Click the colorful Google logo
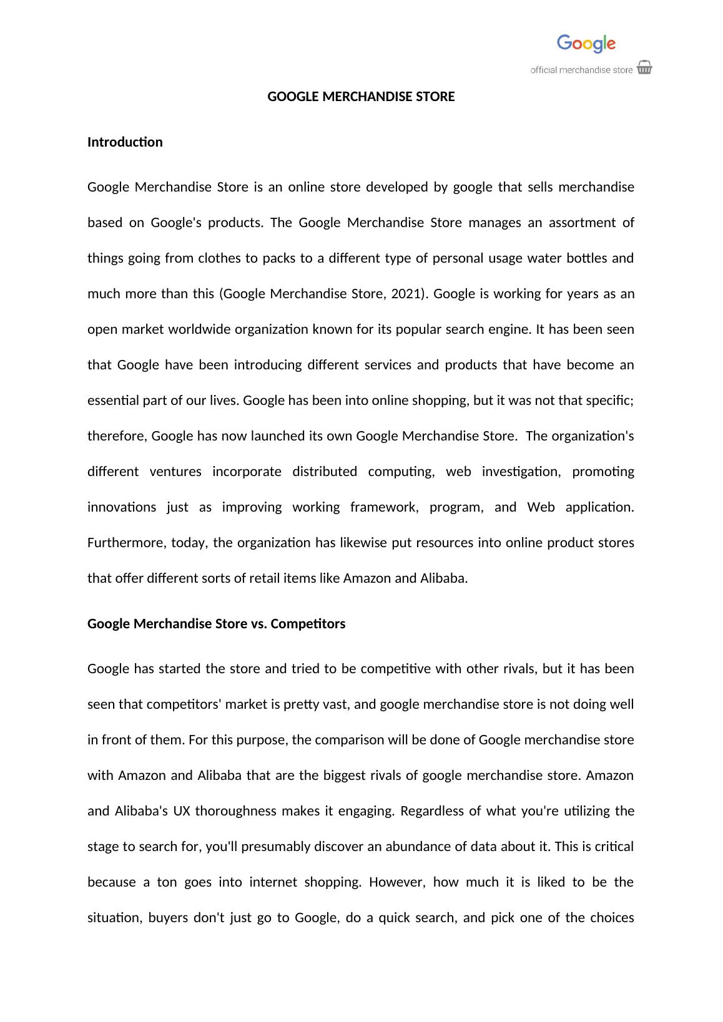tap(586, 44)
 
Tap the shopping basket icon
tap(644, 68)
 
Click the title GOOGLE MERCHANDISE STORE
tap(361, 97)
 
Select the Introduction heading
tap(125, 142)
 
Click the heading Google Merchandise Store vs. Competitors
tap(216, 624)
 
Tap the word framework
tap(383, 507)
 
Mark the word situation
tap(114, 918)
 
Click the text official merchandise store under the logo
tap(581, 70)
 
